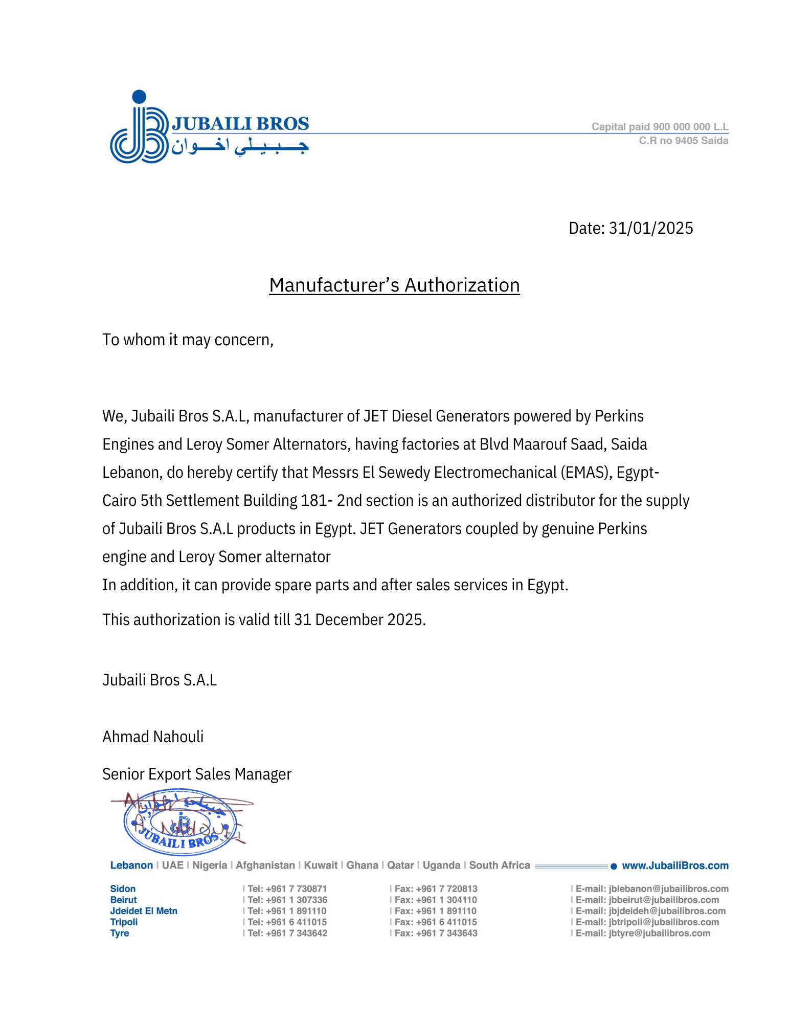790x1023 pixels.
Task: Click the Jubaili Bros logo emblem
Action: (139, 131)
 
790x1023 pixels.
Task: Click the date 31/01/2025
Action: (650, 228)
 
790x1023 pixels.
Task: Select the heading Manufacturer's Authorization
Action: (394, 285)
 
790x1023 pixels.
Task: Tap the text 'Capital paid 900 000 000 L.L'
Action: (660, 126)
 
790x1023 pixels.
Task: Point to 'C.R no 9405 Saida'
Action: (683, 141)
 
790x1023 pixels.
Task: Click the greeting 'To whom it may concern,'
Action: (188, 340)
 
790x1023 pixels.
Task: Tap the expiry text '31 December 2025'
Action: (359, 620)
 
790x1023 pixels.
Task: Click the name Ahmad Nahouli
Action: (153, 737)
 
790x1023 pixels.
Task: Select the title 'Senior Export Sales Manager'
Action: (197, 774)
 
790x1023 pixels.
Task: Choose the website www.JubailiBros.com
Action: (675, 865)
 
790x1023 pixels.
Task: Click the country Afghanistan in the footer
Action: (265, 865)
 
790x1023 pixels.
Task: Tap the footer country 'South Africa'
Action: (499, 865)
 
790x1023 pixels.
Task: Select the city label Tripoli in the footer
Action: (124, 922)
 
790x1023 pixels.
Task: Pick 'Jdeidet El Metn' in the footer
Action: (144, 911)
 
